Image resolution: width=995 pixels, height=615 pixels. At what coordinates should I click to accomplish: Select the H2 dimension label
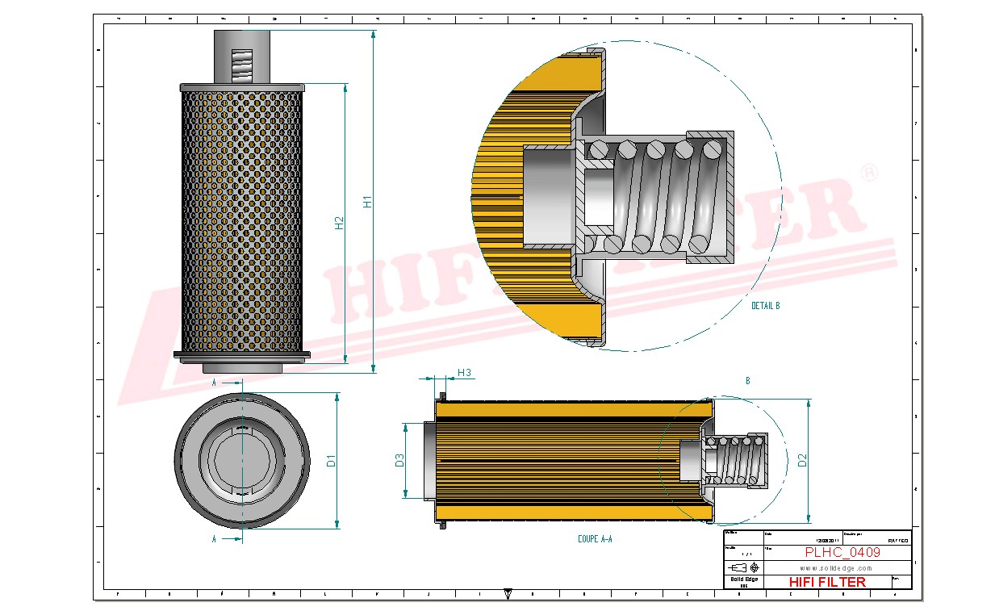click(x=340, y=223)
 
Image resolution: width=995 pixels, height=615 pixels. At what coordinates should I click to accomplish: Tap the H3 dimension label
click(x=464, y=372)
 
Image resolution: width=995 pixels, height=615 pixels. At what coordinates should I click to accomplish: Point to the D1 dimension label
click(x=331, y=462)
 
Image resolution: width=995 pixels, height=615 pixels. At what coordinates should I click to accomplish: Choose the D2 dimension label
click(x=801, y=461)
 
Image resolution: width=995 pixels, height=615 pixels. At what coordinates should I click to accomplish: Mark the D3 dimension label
click(x=399, y=461)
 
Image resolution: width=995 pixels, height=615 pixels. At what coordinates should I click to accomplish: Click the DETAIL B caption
click(x=765, y=306)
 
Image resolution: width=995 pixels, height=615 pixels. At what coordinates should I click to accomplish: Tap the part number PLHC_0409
click(x=842, y=553)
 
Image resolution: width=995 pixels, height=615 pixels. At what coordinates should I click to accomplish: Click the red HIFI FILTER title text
click(x=826, y=582)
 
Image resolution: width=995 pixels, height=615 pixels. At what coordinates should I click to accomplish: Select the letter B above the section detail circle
click(x=748, y=380)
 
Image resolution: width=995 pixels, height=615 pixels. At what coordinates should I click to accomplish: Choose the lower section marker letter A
click(x=214, y=539)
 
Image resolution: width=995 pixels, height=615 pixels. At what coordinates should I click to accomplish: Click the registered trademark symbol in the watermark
click(x=869, y=174)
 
